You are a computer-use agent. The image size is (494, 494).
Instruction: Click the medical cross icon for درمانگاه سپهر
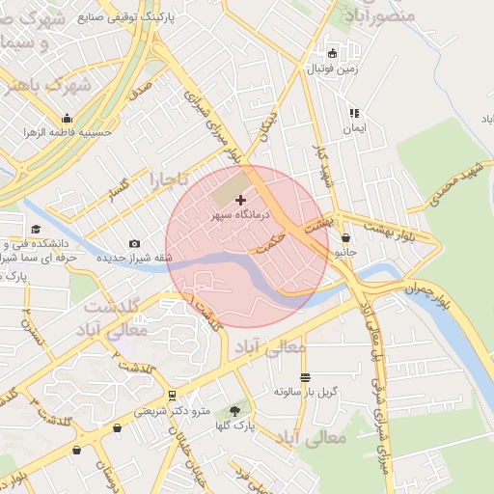coord(240,200)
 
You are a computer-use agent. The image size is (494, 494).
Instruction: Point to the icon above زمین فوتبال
coord(333,54)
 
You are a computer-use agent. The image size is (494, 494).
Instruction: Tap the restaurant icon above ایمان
coord(353,112)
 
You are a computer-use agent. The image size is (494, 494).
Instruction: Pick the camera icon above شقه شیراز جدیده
coord(134,243)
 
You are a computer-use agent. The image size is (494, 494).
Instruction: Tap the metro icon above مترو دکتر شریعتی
coord(172,395)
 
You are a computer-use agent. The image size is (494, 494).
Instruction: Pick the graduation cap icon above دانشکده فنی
coord(36,229)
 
